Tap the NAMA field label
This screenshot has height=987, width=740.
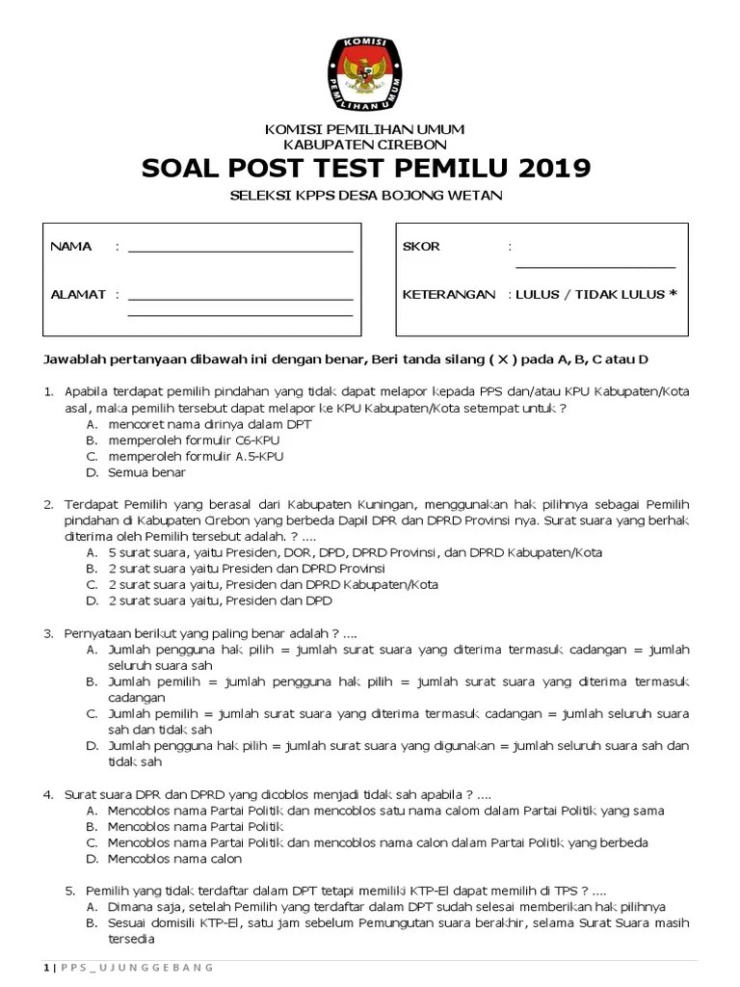click(71, 247)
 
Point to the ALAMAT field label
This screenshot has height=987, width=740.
click(78, 294)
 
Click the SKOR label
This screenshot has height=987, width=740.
click(421, 247)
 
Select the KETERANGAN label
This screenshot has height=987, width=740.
click(448, 294)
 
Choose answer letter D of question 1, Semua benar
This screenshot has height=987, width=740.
click(92, 473)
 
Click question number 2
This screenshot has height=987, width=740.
click(47, 504)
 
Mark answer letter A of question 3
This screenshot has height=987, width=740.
click(92, 651)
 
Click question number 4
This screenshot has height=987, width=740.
click(47, 794)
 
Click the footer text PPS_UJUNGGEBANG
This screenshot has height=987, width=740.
click(137, 967)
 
